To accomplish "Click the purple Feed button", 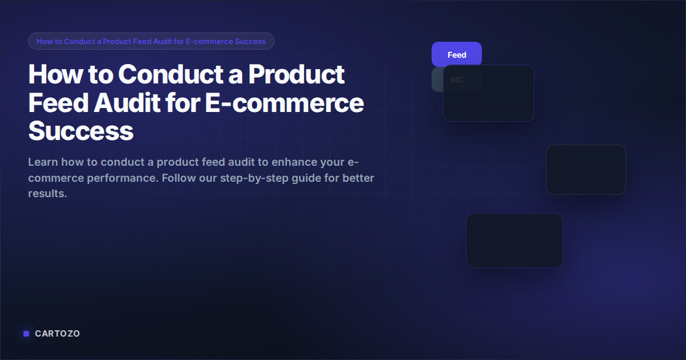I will [456, 55].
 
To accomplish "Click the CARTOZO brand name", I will [57, 334].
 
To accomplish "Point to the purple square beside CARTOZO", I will [26, 334].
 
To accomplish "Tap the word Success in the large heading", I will [81, 131].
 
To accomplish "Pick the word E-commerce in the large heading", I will [284, 103].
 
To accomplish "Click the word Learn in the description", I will [43, 162].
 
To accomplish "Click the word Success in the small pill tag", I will [250, 41].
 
